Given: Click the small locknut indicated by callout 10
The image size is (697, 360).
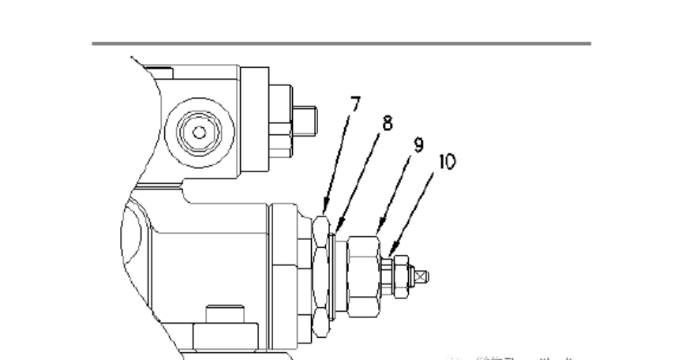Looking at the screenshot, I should coord(398,276).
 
